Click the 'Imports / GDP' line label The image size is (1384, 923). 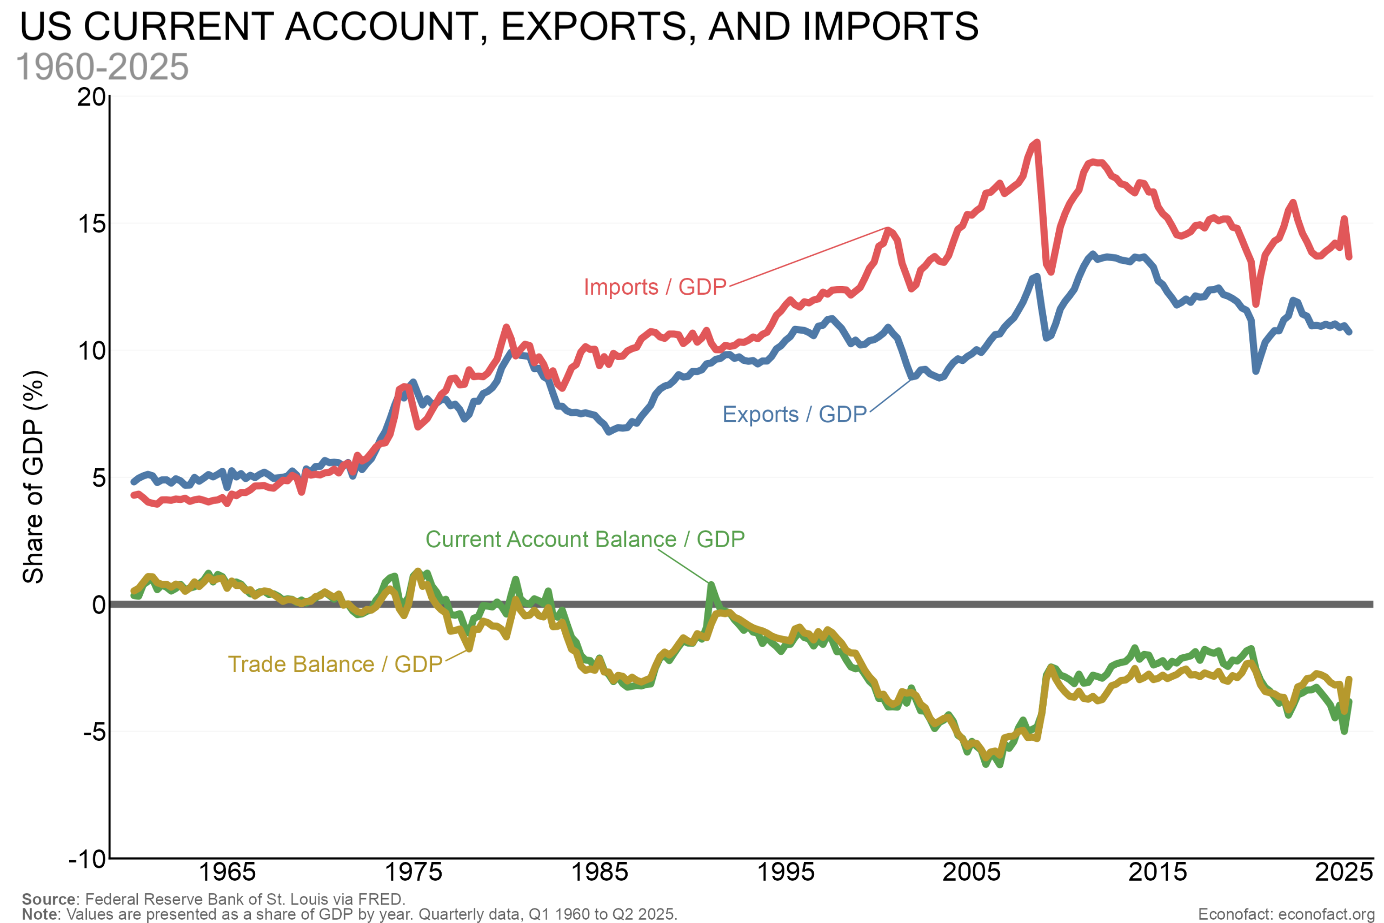655,287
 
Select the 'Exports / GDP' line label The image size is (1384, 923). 794,414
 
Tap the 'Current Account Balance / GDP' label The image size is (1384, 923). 585,539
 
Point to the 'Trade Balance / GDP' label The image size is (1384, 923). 335,665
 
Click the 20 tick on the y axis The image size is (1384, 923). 91,97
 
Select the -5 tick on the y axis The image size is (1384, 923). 94,732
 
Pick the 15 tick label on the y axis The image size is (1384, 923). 91,224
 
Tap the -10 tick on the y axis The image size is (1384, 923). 88,859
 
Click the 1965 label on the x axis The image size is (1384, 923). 227,872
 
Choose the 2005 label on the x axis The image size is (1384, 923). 972,872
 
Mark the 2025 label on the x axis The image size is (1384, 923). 1343,872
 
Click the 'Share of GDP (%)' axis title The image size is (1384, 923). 34,477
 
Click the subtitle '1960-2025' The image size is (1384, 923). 102,67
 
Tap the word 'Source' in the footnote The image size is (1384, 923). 49,899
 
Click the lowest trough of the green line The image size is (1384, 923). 1000,765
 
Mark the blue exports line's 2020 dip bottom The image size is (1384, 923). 1256,371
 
